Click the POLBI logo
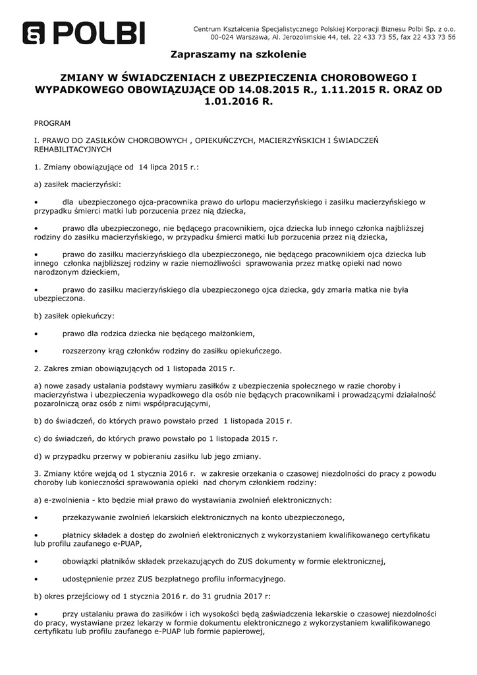[84, 32]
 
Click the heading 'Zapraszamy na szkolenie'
[238, 54]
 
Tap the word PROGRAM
[52, 123]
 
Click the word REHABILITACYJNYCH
[74, 150]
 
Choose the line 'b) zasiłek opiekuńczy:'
[74, 316]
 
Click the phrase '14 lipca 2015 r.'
[169, 167]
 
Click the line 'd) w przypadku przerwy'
[147, 456]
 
